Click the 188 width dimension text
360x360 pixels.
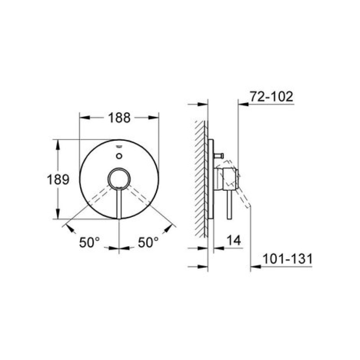119,117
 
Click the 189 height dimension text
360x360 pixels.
58,179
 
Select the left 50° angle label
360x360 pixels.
90,242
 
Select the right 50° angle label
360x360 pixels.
148,242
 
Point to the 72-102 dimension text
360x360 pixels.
271,96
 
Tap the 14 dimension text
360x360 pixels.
234,240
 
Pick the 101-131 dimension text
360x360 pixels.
288,259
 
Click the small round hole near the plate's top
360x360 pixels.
119,156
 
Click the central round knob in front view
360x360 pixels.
119,179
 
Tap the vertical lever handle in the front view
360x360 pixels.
119,204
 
